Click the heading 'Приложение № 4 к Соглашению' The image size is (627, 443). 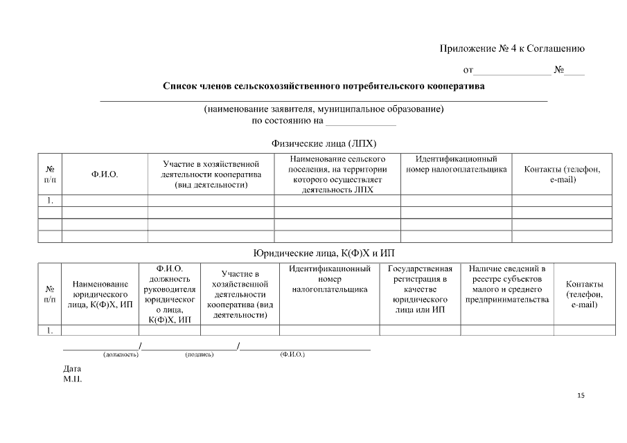(x=512, y=48)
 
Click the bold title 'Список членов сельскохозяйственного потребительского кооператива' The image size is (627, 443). (x=324, y=87)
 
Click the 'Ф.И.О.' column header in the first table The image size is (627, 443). (x=105, y=174)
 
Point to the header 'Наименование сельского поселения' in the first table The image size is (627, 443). (x=337, y=174)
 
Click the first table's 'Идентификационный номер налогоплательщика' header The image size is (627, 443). (x=456, y=164)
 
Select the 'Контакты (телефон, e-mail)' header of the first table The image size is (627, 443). (x=563, y=174)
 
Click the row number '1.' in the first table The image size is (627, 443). (x=50, y=201)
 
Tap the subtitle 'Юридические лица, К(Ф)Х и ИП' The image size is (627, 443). (x=324, y=253)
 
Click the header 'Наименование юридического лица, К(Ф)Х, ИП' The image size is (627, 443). (x=101, y=295)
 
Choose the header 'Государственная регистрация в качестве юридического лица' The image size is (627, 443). (x=420, y=289)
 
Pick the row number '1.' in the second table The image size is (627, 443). (x=50, y=330)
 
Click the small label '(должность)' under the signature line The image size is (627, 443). (x=121, y=354)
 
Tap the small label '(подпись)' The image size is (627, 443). (x=199, y=354)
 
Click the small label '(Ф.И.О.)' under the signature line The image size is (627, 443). (x=292, y=354)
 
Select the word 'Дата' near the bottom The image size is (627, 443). (x=72, y=369)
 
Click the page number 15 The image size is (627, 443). (x=581, y=395)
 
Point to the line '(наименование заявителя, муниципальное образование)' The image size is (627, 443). (x=324, y=109)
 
